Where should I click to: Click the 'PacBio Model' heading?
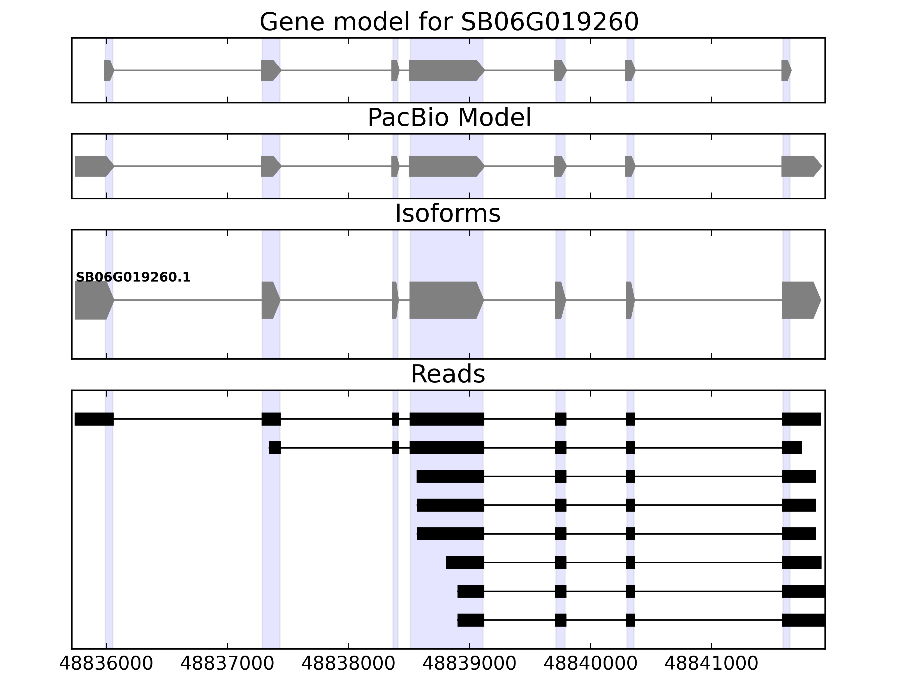click(449, 118)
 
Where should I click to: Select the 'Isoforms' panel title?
click(448, 213)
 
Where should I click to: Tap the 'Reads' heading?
click(448, 374)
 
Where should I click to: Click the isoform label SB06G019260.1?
click(133, 278)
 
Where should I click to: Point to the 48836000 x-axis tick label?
click(106, 664)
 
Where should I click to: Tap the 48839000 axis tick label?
click(469, 664)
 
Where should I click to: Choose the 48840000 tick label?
click(590, 664)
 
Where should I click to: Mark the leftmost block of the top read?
click(94, 419)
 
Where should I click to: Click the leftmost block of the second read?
click(274, 448)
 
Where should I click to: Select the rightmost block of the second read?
click(792, 448)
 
